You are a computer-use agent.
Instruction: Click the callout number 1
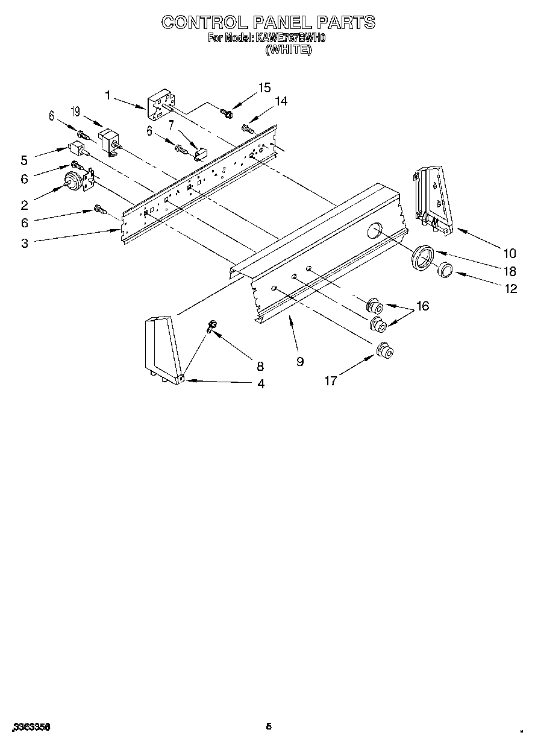(108, 95)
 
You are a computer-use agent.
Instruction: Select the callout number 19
(75, 111)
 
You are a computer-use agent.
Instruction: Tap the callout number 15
(264, 88)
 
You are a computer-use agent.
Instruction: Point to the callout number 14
(280, 101)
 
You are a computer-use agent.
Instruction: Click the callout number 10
(510, 253)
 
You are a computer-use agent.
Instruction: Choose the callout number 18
(510, 271)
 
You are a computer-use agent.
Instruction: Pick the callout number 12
(511, 289)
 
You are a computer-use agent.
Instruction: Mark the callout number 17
(331, 380)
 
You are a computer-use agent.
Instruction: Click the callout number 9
(299, 362)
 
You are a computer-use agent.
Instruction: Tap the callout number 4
(260, 383)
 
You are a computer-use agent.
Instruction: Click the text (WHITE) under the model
(289, 51)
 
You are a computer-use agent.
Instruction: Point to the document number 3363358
(30, 727)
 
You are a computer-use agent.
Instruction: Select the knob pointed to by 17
(384, 350)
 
